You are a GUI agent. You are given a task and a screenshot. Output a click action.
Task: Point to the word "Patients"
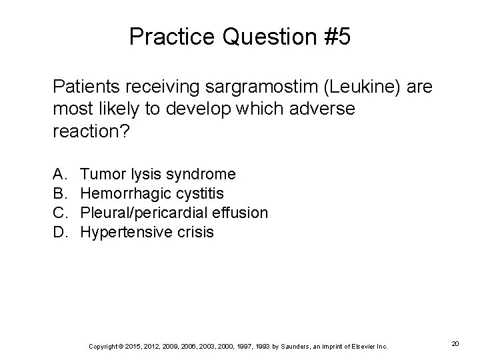pos(82,87)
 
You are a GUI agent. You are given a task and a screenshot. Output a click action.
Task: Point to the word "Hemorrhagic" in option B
pos(125,194)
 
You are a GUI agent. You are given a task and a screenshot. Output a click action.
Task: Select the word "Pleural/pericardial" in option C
pos(145,213)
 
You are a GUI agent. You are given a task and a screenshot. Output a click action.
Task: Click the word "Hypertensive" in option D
pos(125,233)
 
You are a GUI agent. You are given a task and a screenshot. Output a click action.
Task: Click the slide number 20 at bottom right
pos(455,343)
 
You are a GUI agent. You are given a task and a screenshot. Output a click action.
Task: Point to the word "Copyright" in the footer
pos(102,346)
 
